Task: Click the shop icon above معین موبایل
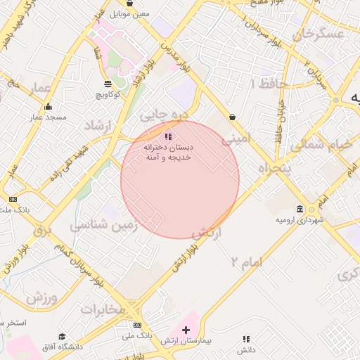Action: click(x=129, y=4)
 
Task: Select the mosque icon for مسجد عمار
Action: click(x=48, y=107)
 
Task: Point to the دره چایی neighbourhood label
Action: click(x=163, y=112)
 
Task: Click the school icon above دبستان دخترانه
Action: click(x=167, y=136)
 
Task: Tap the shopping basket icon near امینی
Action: click(x=232, y=117)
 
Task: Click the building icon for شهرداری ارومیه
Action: click(x=300, y=210)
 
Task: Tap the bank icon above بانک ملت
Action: click(x=12, y=200)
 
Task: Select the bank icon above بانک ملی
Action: click(x=137, y=325)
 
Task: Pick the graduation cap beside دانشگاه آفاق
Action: click(x=62, y=337)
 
